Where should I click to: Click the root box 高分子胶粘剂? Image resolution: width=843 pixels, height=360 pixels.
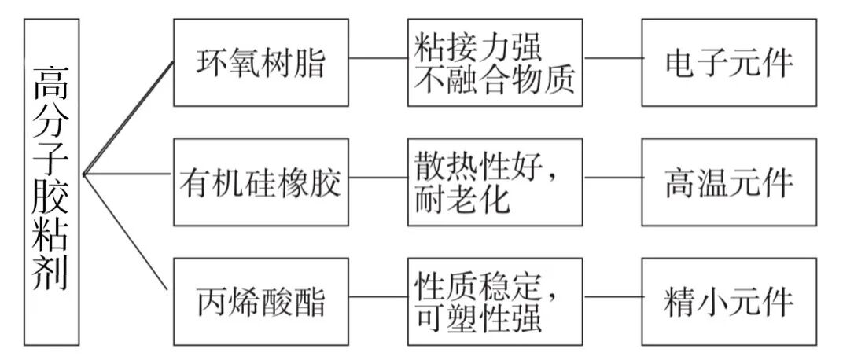tap(51, 182)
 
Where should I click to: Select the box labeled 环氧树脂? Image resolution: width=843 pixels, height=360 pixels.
tap(260, 63)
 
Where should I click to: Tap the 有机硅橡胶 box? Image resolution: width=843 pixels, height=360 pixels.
tap(260, 182)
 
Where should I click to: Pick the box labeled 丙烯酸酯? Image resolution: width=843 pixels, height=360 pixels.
tap(260, 302)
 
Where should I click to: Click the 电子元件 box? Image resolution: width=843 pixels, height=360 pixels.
tap(729, 63)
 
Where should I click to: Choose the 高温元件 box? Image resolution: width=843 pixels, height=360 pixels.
tap(729, 182)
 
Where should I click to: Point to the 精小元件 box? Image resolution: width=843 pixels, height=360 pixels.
tap(729, 302)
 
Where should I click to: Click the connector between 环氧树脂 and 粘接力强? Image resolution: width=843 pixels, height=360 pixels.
tap(378, 59)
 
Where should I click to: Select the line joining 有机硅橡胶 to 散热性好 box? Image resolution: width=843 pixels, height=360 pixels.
tap(378, 178)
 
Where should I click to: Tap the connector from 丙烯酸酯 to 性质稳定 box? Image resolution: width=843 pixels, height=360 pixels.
tap(378, 298)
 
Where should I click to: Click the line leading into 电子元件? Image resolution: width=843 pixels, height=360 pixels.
tap(613, 59)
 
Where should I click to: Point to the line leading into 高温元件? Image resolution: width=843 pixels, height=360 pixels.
tap(613, 178)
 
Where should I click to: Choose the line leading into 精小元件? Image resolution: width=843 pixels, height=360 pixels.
tap(613, 298)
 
